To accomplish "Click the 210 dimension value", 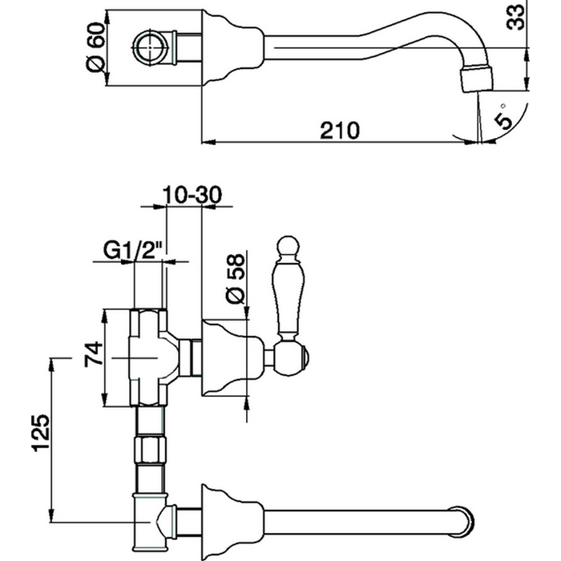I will point(337,129).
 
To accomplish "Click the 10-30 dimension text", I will point(191,195).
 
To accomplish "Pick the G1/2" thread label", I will point(133,249).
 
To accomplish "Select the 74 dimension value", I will point(93,353).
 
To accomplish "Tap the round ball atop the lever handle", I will point(287,244).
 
